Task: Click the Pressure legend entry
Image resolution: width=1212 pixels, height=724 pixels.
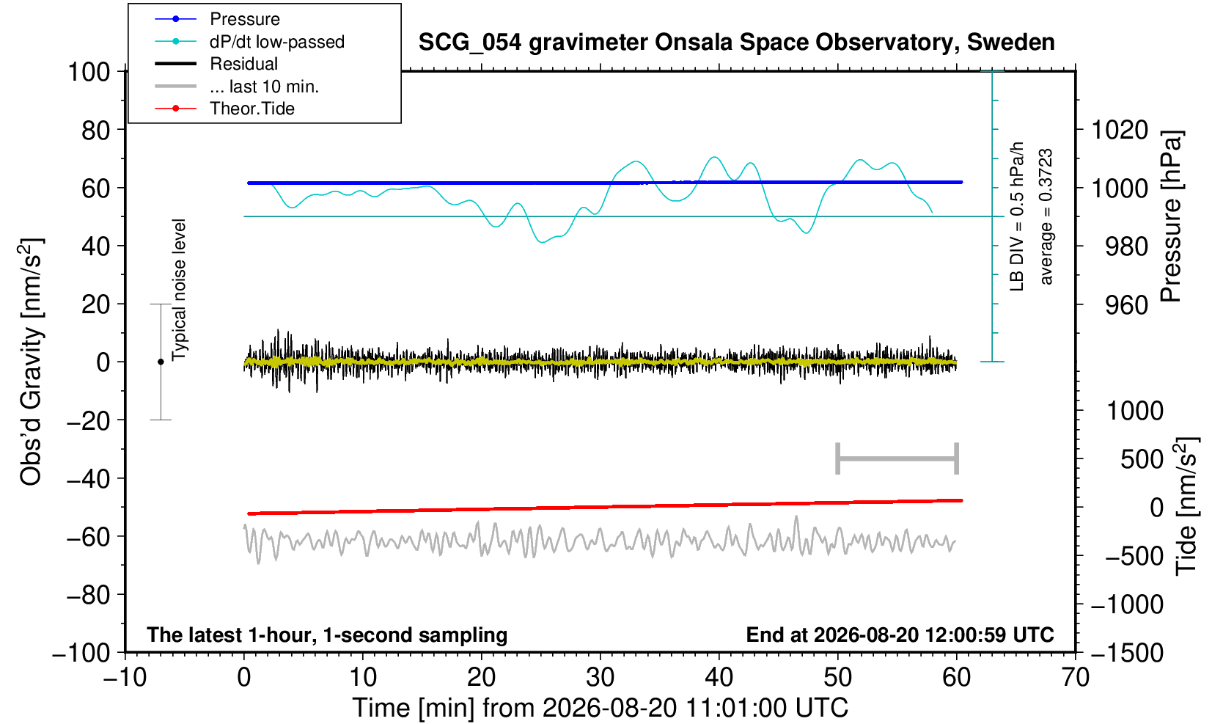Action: point(245,20)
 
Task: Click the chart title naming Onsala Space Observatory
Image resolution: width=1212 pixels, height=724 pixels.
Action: point(736,43)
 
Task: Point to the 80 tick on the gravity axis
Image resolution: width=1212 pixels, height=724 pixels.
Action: point(96,131)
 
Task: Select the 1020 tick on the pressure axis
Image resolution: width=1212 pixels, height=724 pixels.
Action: point(1120,131)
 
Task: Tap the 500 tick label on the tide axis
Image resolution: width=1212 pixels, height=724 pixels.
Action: point(1141,460)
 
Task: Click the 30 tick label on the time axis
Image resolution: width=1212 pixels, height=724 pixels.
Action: point(600,678)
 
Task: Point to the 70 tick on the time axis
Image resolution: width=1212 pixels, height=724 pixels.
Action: point(1075,678)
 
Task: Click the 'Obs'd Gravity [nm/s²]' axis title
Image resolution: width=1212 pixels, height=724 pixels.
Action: point(31,362)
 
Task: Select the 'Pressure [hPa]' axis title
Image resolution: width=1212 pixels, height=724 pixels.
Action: point(1172,216)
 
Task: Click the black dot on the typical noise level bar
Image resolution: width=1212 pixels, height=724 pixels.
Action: point(161,362)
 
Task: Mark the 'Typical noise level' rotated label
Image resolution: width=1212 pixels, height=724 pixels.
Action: point(179,290)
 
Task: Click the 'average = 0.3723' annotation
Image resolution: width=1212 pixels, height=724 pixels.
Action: point(1046,216)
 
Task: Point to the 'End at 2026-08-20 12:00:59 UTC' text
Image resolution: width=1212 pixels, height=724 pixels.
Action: point(900,635)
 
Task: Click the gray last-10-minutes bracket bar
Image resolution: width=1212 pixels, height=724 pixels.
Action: point(897,458)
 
